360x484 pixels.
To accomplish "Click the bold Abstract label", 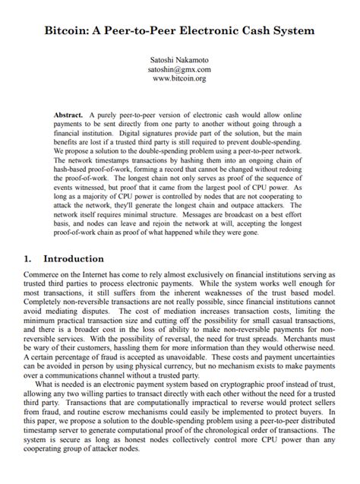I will pyautogui.click(x=68, y=113).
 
